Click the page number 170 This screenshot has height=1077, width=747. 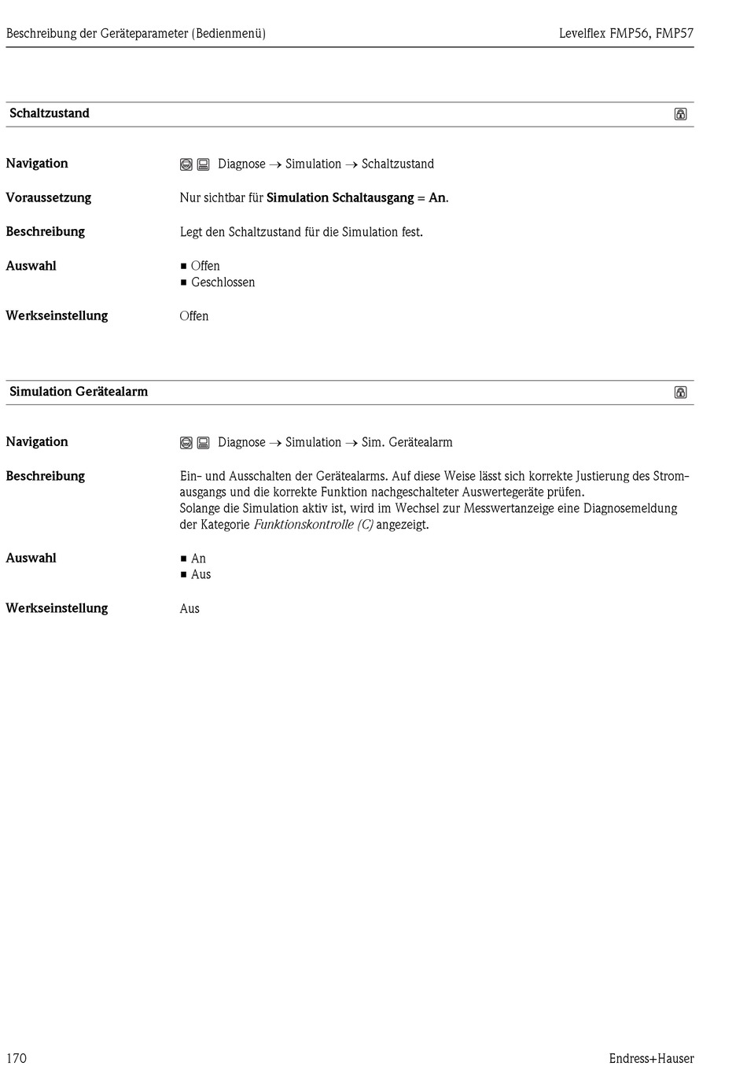pyautogui.click(x=17, y=1058)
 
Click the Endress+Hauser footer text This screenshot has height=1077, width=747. pyautogui.click(x=651, y=1058)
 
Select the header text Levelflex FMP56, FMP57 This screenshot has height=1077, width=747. pyautogui.click(x=626, y=34)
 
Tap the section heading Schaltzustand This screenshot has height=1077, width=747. pyautogui.click(x=50, y=113)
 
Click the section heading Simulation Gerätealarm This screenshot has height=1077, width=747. pyautogui.click(x=79, y=392)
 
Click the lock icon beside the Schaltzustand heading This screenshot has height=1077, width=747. pyautogui.click(x=680, y=114)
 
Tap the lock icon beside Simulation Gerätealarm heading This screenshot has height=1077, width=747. pyautogui.click(x=680, y=393)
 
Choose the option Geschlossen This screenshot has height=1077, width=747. pyautogui.click(x=223, y=282)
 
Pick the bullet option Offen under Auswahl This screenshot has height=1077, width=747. pyautogui.click(x=205, y=266)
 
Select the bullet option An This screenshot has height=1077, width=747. pyautogui.click(x=198, y=559)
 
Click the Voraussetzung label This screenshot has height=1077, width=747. pyautogui.click(x=49, y=197)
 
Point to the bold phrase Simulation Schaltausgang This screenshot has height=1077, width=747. pyautogui.click(x=340, y=197)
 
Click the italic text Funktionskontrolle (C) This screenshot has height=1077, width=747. pyautogui.click(x=313, y=525)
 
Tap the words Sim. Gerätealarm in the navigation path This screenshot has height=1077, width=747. pyautogui.click(x=407, y=442)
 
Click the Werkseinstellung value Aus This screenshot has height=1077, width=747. pyautogui.click(x=190, y=609)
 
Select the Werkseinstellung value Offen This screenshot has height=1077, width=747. pyautogui.click(x=194, y=316)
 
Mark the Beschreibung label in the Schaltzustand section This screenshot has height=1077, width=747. pyautogui.click(x=46, y=232)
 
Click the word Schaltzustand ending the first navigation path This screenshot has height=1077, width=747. pyautogui.click(x=397, y=164)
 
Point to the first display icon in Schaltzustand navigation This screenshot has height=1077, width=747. pyautogui.click(x=186, y=164)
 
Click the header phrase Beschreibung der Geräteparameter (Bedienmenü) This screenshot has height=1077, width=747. pyautogui.click(x=136, y=34)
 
